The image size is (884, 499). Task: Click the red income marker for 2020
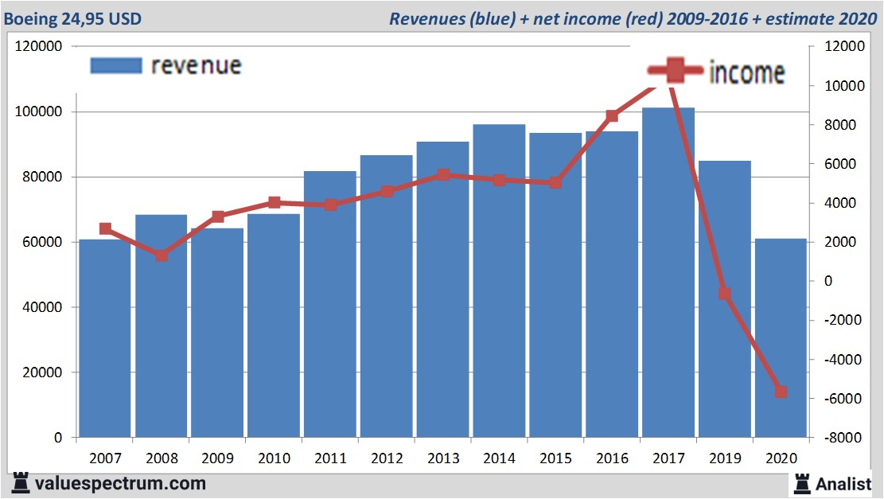click(x=781, y=392)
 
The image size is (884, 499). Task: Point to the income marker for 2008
click(x=162, y=255)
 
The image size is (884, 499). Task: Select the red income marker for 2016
click(x=612, y=116)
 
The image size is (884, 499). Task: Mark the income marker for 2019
click(x=724, y=294)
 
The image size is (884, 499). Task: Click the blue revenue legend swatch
click(x=115, y=65)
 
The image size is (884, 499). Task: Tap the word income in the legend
click(x=746, y=72)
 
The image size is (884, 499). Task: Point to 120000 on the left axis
click(x=39, y=47)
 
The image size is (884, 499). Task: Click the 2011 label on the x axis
click(x=330, y=458)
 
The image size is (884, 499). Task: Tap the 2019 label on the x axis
click(x=724, y=458)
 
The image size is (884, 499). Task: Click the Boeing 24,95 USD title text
click(x=73, y=18)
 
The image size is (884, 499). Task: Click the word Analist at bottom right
click(x=843, y=483)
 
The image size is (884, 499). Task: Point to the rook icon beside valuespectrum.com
click(x=21, y=482)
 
